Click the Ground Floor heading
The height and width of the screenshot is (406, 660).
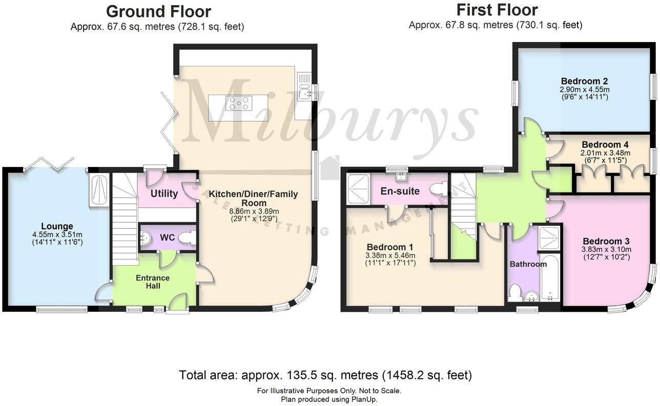coord(158,11)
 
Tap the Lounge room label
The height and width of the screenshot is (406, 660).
coord(57,226)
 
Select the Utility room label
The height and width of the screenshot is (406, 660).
coord(164,194)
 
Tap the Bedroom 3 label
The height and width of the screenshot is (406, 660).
coord(606,241)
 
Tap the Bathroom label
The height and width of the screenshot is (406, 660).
coord(528,264)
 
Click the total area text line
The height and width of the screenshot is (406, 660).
coord(325,375)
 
